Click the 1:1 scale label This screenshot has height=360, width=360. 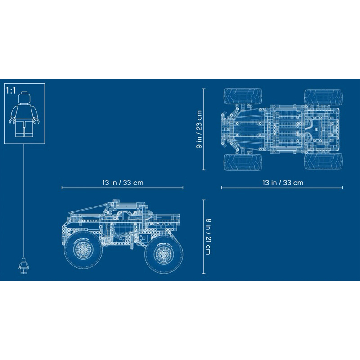click(x=11, y=90)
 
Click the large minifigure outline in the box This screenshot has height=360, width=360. click(x=24, y=114)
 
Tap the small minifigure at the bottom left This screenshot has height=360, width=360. click(x=24, y=265)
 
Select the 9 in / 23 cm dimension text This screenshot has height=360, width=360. click(x=199, y=129)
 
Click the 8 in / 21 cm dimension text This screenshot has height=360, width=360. click(x=208, y=237)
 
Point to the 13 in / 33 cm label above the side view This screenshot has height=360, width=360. click(x=123, y=183)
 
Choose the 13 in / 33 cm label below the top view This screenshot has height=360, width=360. click(x=283, y=183)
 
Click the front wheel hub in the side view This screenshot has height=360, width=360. click(x=83, y=250)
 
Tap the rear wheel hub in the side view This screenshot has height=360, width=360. click(x=163, y=254)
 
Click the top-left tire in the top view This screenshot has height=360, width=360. click(x=243, y=96)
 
